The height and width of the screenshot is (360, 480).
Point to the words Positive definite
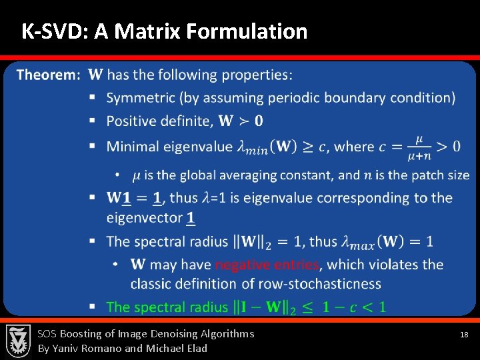159,121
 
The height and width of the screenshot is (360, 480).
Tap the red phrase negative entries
267,265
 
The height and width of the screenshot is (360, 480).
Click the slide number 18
465,335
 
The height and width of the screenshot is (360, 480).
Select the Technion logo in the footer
18,341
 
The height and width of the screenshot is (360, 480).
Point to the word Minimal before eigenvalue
133,147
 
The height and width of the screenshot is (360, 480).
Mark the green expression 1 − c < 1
353,307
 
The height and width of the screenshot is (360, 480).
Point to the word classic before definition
153,284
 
